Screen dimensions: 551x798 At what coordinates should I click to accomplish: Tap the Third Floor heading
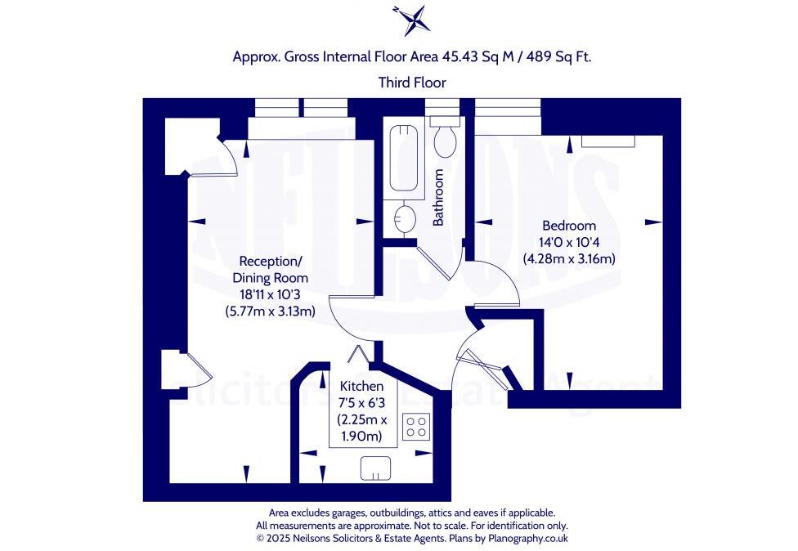[x=412, y=82]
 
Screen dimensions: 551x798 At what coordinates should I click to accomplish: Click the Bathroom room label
[x=438, y=197]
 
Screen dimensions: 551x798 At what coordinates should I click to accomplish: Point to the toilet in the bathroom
[x=446, y=140]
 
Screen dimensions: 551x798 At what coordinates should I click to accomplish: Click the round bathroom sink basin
[x=405, y=218]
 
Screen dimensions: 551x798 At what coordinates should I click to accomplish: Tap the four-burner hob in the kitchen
[x=416, y=427]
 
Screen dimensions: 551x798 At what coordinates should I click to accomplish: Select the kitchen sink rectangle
[x=375, y=468]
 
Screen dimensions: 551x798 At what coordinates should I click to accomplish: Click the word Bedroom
[x=569, y=226]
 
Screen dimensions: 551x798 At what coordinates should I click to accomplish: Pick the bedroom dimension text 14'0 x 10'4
[x=569, y=242]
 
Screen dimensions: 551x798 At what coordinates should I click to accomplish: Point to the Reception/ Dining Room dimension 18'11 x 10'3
[x=269, y=294]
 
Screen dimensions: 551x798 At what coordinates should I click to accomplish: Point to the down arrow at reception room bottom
[x=247, y=472]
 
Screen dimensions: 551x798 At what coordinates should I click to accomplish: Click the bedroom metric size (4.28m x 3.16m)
[x=569, y=258]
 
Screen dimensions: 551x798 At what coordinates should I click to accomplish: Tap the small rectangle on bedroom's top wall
[x=607, y=141]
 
